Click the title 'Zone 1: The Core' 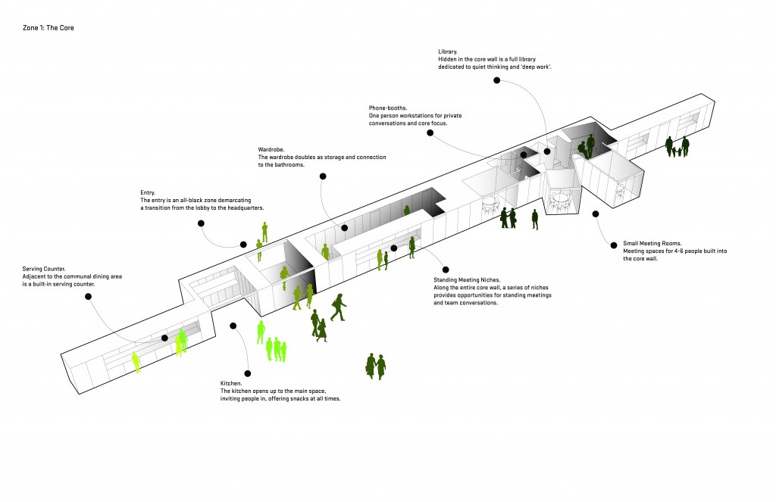(48, 28)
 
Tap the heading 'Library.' (449, 51)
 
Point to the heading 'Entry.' (149, 192)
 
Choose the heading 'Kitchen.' (232, 384)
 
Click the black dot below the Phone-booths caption (430, 133)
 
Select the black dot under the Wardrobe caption (323, 176)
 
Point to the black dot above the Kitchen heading (247, 373)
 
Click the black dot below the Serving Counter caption (88, 297)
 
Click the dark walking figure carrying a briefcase (337, 307)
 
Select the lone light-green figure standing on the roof (264, 231)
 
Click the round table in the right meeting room (560, 198)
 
